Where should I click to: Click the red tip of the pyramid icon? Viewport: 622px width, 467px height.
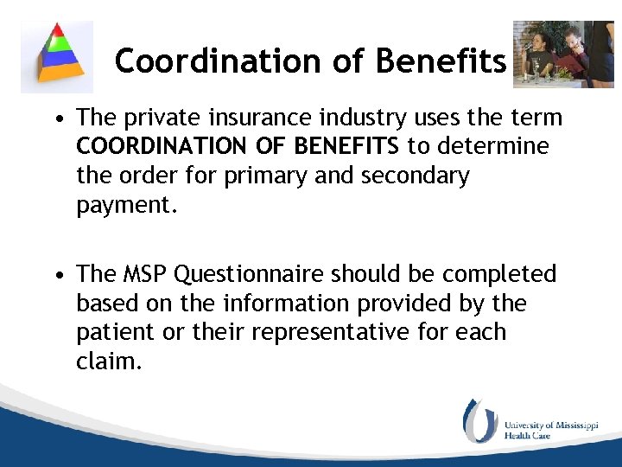[x=56, y=31]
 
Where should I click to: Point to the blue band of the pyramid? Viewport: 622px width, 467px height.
[x=56, y=60]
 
